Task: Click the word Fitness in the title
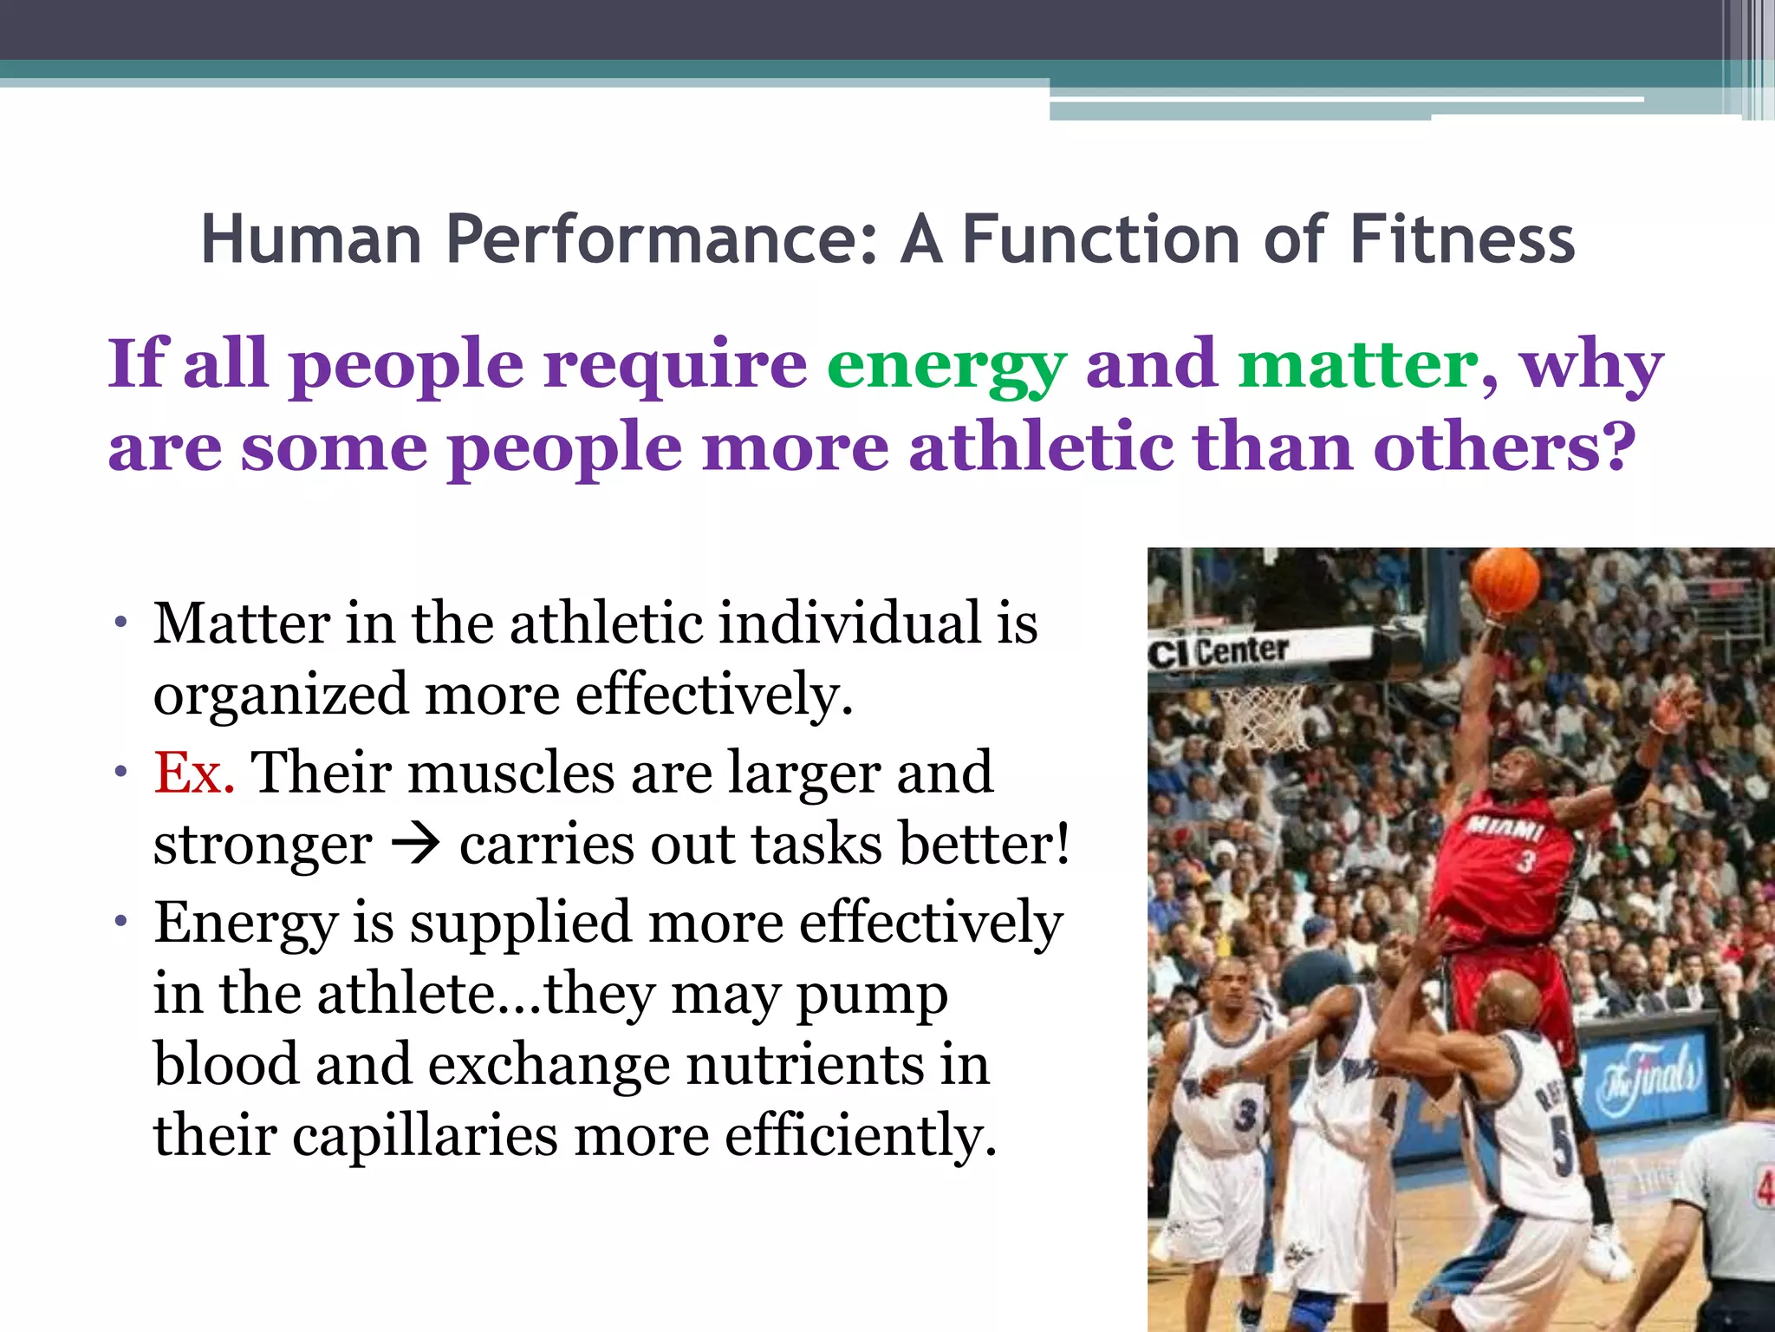tap(1461, 240)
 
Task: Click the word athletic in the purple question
tap(1040, 447)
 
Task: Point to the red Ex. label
tap(194, 773)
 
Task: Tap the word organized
tap(281, 695)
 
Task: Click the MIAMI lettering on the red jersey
tap(1505, 827)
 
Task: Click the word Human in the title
tap(311, 240)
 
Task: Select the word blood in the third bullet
tap(224, 1065)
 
